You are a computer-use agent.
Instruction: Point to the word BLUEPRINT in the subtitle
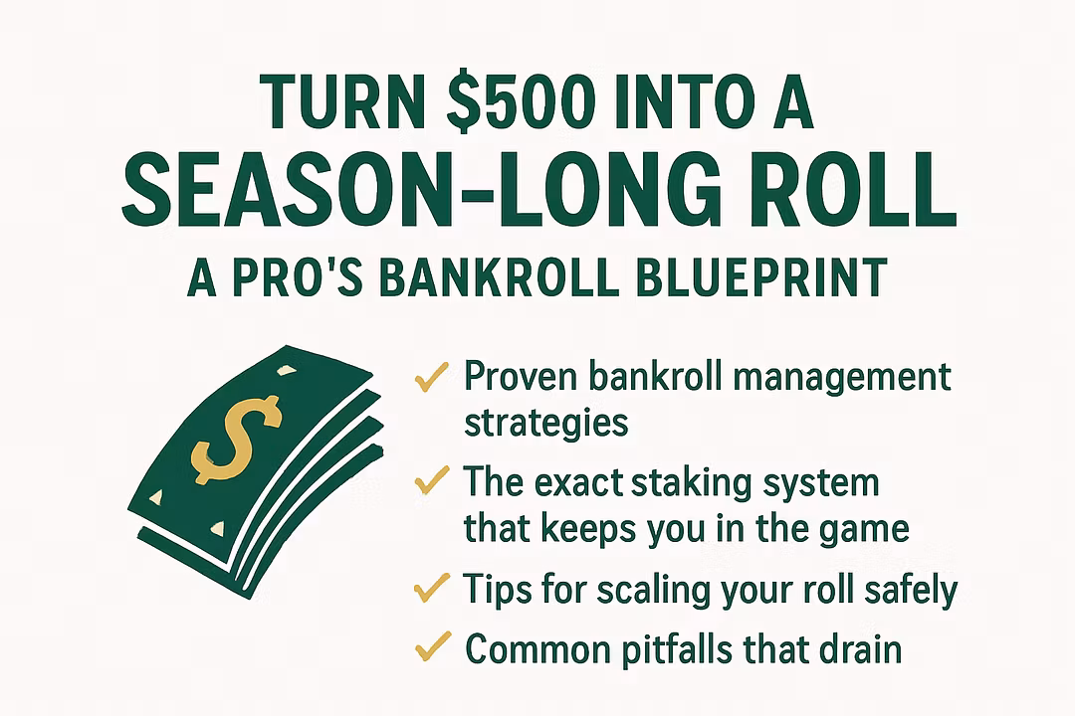tap(761, 277)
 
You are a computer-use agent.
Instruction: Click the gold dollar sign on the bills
tap(235, 440)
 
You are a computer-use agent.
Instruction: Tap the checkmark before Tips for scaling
tap(432, 588)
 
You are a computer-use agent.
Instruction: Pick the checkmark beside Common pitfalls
tap(433, 645)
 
